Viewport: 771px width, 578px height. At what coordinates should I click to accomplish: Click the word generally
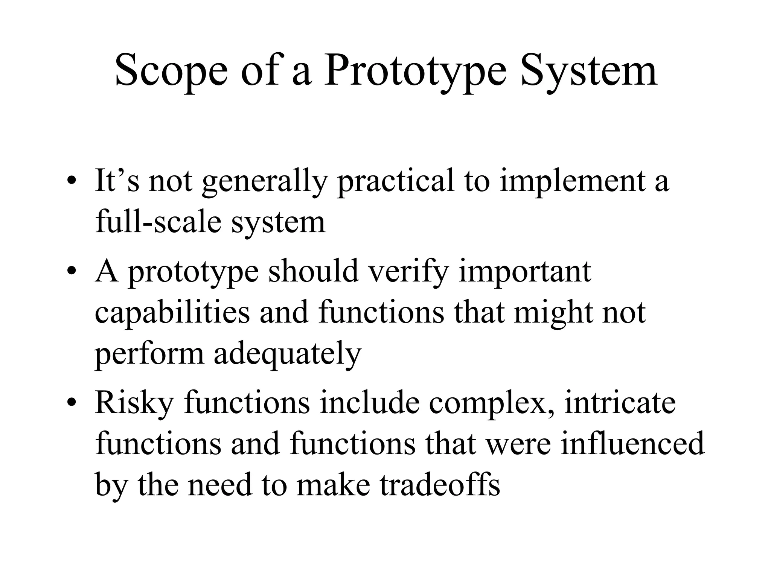pos(264,181)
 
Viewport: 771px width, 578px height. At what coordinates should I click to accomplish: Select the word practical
pos(395,181)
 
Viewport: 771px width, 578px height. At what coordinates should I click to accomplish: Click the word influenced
pos(632,444)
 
